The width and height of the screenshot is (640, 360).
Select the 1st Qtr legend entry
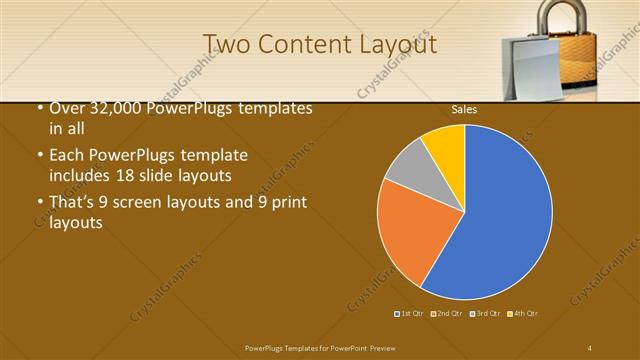[410, 314]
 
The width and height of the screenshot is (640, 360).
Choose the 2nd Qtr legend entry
[447, 314]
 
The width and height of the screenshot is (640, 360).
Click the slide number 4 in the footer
[590, 346]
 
